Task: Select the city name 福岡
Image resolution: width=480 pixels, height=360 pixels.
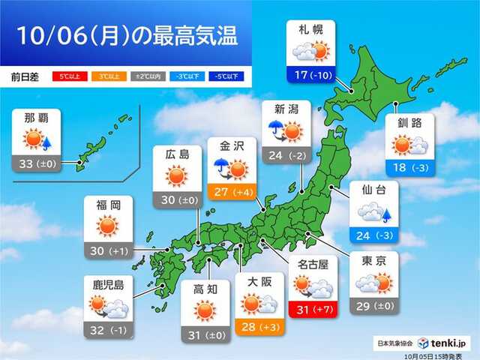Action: [108, 205]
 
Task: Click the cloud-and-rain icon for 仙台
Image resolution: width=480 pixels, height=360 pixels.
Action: [372, 214]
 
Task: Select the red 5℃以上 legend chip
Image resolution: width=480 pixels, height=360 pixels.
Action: [67, 76]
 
